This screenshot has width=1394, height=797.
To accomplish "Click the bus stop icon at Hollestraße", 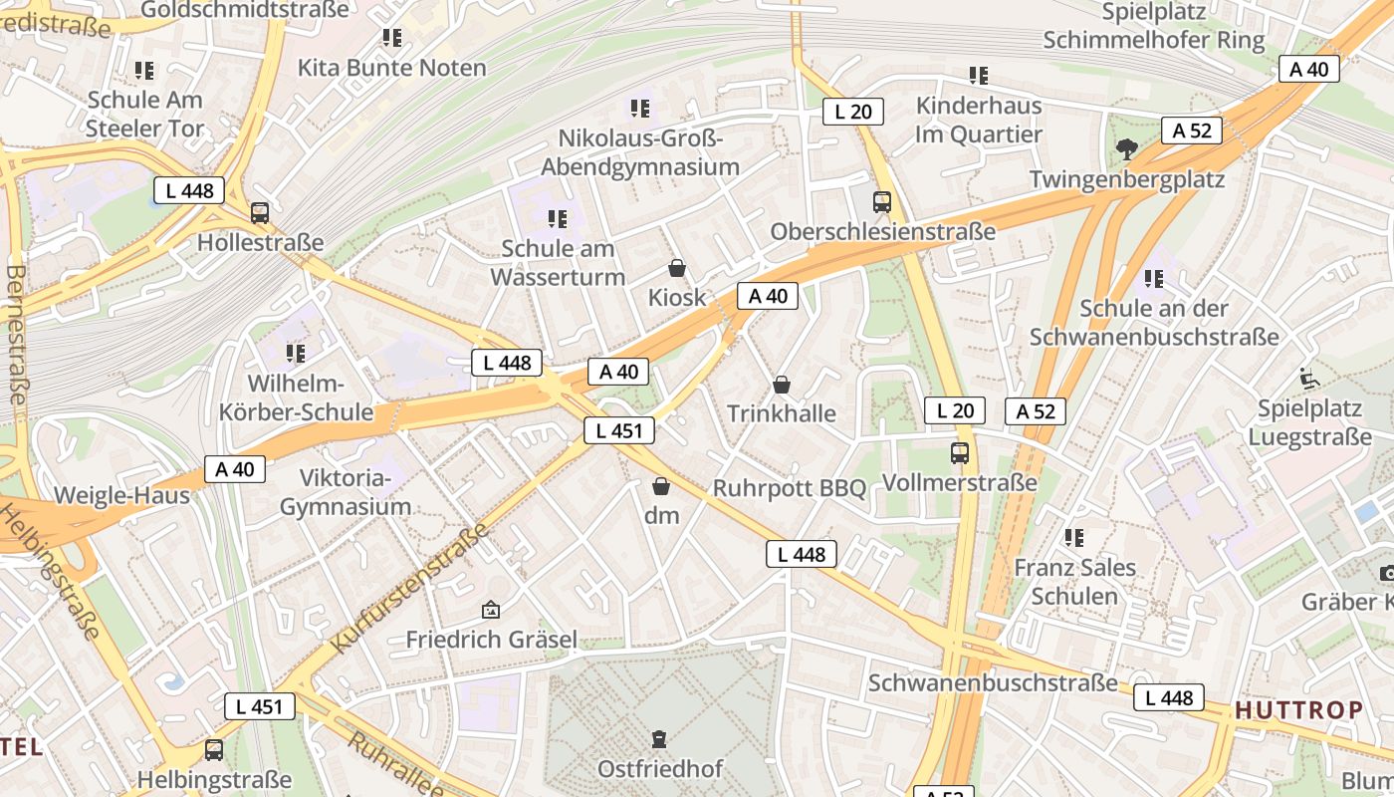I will coord(260,212).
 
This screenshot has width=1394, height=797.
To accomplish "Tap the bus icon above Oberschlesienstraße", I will coord(882,202).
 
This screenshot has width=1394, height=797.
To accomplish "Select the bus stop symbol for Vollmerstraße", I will coord(960,453).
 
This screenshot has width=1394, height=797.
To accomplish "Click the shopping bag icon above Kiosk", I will coord(677,268).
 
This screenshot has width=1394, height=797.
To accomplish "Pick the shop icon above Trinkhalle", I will coord(782,385).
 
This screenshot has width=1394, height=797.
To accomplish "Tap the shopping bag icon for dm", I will coord(661,487).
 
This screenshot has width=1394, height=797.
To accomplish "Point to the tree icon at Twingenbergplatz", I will coord(1126,149).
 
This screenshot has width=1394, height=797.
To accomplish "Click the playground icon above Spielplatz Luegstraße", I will coord(1308,379).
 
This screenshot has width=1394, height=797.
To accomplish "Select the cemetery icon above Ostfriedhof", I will coord(658,739).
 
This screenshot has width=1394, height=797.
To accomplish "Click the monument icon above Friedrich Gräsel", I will coord(490,610).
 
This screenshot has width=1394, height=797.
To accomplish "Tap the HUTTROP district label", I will coord(1299,710).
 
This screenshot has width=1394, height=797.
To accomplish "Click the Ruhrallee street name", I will coord(395,765).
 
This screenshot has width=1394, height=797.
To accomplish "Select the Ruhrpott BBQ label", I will coord(790,488).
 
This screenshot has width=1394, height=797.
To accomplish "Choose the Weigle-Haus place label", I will coord(121,495).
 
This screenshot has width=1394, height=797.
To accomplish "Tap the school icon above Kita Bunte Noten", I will coord(392,39).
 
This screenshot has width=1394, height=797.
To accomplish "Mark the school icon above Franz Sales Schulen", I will coord(1073,538).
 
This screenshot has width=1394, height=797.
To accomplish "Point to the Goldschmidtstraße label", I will coord(245,10).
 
